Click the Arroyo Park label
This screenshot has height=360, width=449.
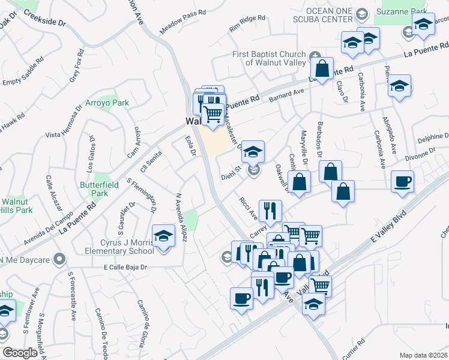coord(107,103)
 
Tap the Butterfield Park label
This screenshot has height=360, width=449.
coord(94,190)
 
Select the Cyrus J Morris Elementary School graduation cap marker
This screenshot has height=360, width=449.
coord(163,236)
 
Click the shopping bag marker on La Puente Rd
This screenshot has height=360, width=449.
coord(322,69)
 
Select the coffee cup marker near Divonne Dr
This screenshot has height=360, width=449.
coord(402,181)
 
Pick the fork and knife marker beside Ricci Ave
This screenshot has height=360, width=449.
coord(270,210)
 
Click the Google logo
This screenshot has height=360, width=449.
coord(20,353)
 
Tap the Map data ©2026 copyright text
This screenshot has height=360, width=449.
coord(423,355)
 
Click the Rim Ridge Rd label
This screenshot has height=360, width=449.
coord(247,24)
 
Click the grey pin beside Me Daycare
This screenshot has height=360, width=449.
coord(58,260)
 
